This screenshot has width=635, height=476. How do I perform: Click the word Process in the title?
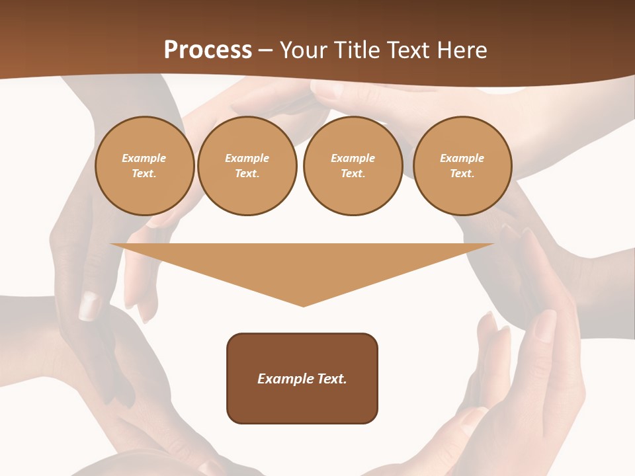[x=208, y=50]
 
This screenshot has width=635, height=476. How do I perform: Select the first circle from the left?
[x=144, y=166]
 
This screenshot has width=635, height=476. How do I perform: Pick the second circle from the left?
[x=247, y=166]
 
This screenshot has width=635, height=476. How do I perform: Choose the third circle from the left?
[x=353, y=166]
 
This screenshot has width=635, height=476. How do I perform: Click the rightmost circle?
[x=462, y=166]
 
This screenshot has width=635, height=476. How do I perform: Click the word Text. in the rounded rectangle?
[x=331, y=379]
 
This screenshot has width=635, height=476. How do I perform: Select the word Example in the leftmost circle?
[x=144, y=159]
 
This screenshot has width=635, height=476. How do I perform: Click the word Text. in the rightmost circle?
[x=462, y=174]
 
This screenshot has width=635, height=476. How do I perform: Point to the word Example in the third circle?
[x=353, y=159]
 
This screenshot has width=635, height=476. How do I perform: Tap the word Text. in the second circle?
[x=247, y=174]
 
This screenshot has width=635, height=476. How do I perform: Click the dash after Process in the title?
[x=265, y=50]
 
